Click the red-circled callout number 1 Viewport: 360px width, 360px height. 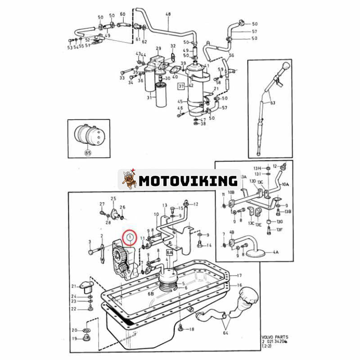pos(130,236)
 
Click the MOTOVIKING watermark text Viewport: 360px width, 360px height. pos(188,181)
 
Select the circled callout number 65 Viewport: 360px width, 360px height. pos(87,153)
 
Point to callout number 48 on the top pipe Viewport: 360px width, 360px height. pos(168,14)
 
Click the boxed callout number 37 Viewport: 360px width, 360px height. pos(181,85)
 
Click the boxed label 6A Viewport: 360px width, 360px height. pos(170,253)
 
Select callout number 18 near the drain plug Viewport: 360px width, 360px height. pos(191,329)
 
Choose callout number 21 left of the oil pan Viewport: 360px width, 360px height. pos(74,286)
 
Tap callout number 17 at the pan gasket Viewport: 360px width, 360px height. pos(240,275)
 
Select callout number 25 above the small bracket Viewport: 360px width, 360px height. pos(113,198)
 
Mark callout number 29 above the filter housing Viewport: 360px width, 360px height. pos(158,48)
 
